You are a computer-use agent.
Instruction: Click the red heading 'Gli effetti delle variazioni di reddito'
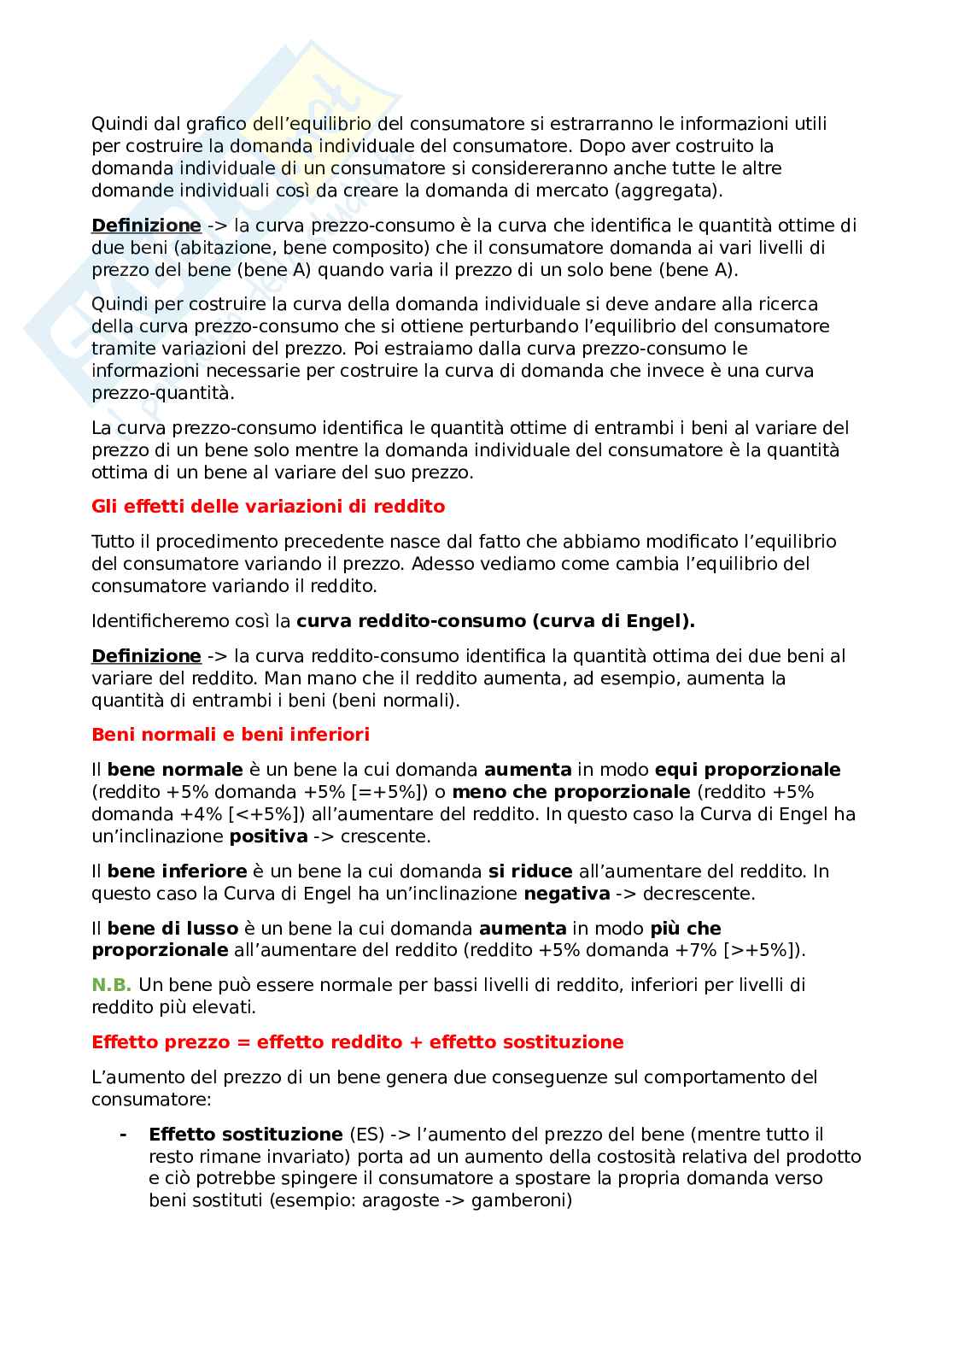point(268,507)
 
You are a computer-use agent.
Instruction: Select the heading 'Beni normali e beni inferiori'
point(231,735)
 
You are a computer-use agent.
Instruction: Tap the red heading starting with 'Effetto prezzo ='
point(357,1042)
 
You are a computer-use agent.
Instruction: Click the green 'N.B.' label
point(111,985)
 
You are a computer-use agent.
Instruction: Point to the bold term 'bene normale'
point(162,770)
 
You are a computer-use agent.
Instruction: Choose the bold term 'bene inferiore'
point(177,871)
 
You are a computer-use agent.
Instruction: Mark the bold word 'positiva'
point(268,836)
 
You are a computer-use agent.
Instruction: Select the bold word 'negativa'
point(566,894)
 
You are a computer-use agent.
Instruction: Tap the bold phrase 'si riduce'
point(529,871)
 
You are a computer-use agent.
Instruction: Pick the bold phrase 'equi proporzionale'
point(747,770)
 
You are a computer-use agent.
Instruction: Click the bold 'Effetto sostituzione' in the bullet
point(245,1135)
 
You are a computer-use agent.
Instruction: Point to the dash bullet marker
point(124,1135)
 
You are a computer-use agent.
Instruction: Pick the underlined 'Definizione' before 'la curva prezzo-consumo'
point(146,226)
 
